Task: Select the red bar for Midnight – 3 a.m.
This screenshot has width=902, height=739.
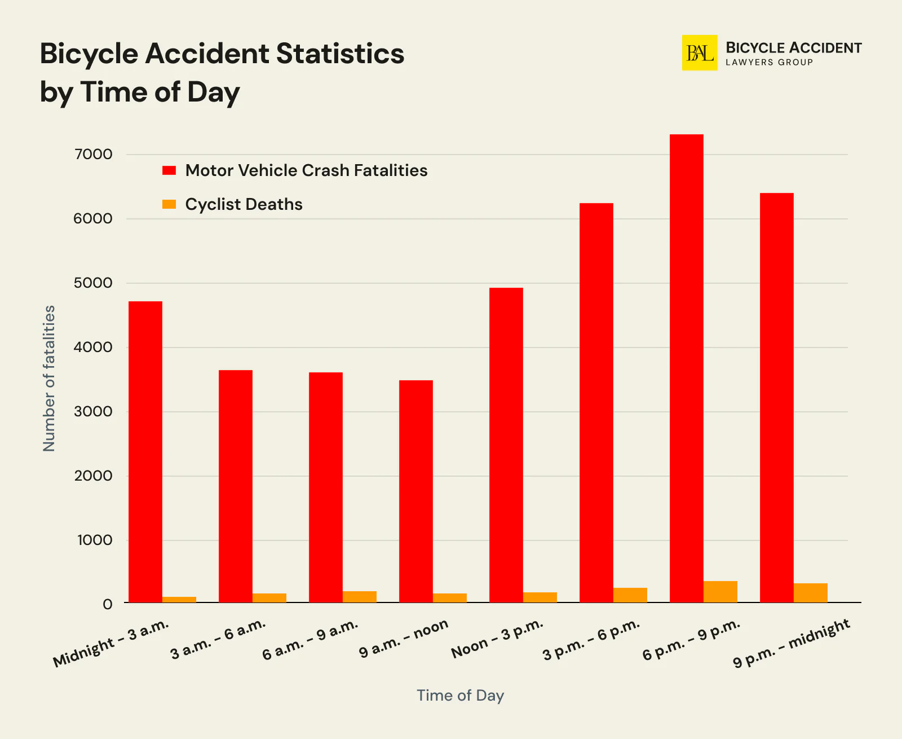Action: pyautogui.click(x=145, y=451)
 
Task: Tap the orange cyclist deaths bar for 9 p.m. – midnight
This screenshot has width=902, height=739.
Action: pyautogui.click(x=810, y=593)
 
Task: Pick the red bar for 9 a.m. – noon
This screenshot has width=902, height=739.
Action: pyautogui.click(x=416, y=491)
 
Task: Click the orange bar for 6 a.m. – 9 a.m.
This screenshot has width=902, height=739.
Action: pyautogui.click(x=360, y=597)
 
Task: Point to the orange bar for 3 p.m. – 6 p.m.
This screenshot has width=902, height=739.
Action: pyautogui.click(x=630, y=595)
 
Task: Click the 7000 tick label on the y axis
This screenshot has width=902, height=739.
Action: pyautogui.click(x=93, y=154)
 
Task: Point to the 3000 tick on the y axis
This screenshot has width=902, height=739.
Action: pyautogui.click(x=93, y=411)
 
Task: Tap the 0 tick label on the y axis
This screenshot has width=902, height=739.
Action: pyautogui.click(x=107, y=604)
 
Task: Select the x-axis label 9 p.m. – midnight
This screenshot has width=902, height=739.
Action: pyautogui.click(x=792, y=643)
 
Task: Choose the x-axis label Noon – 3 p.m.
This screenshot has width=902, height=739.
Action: pyautogui.click(x=497, y=639)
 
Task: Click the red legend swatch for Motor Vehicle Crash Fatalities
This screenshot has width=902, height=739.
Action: pyautogui.click(x=169, y=170)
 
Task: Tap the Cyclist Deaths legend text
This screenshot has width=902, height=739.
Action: pyautogui.click(x=244, y=204)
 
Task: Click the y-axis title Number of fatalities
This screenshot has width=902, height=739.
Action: pyautogui.click(x=50, y=378)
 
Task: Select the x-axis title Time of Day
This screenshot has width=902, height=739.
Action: pyautogui.click(x=460, y=695)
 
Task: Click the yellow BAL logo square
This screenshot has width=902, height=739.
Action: pyautogui.click(x=700, y=53)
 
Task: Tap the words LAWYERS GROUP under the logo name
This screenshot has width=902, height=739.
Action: pyautogui.click(x=769, y=63)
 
